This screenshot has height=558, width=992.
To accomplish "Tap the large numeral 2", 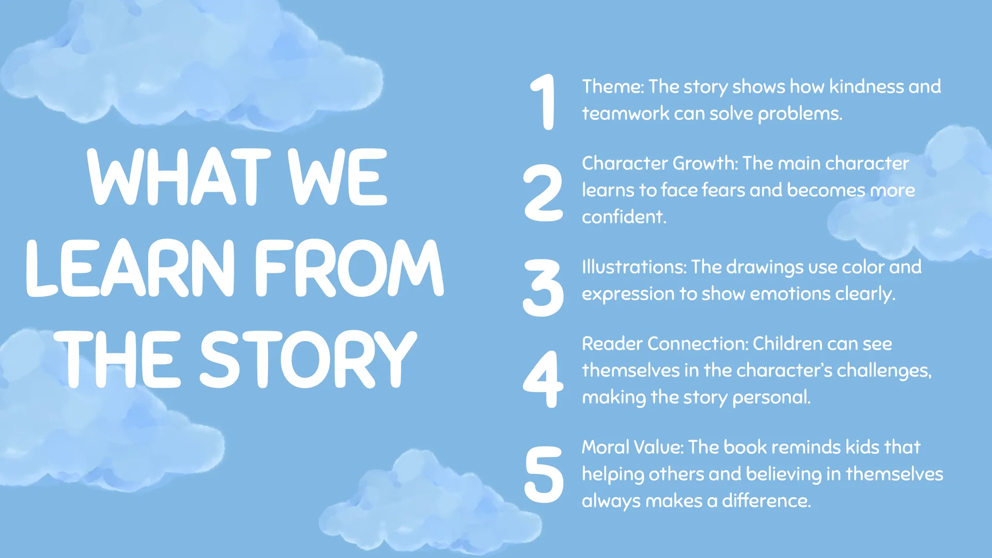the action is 543,193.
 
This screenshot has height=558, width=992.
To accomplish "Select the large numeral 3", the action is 543,288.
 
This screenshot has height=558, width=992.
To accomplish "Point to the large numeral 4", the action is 543,379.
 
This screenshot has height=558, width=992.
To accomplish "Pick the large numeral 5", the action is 544,474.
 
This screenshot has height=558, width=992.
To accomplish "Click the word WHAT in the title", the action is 179,177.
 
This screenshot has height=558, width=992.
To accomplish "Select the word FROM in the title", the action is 349,268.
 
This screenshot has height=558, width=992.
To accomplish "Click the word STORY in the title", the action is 308,360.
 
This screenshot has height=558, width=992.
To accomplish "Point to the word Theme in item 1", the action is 612,87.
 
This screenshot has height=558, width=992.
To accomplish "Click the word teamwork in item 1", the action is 626,114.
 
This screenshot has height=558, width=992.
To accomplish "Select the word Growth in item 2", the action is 705,163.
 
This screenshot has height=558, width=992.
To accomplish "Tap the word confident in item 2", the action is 624,217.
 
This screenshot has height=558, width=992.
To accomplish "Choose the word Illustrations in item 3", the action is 634,267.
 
